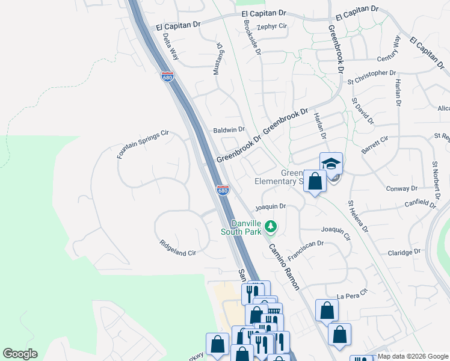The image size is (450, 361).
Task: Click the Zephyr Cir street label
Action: tap(272, 26)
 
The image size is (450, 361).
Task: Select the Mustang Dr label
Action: tap(218, 58)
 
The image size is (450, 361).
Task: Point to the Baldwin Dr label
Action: tap(229, 129)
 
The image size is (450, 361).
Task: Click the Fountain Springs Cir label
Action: tap(144, 144)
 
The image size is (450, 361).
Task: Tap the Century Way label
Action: tap(389, 51)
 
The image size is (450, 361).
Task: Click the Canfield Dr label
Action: tap(419, 205)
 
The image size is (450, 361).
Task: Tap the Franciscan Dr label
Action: tap(306, 251)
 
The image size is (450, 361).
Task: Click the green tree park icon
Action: tap(271, 226)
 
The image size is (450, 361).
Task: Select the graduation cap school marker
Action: tap(330, 164)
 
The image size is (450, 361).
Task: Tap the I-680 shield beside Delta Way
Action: tap(167, 76)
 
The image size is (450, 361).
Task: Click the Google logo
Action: tap(20, 354)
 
